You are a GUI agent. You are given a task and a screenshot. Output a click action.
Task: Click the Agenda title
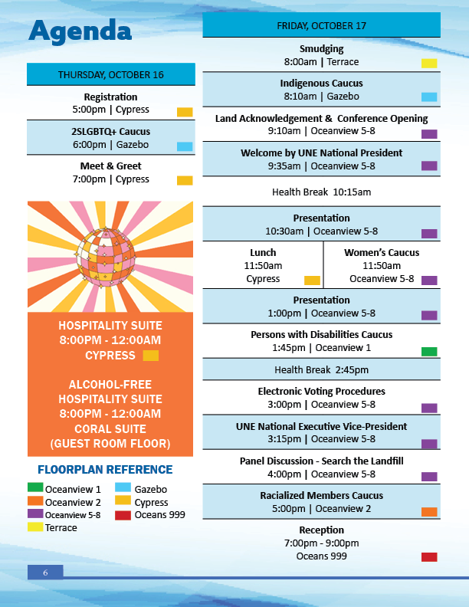coord(80,31)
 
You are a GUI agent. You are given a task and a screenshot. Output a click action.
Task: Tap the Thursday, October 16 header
coord(111,74)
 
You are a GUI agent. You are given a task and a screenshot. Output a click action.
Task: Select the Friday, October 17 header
coord(321,25)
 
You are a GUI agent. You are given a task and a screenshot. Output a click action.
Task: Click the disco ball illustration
coord(103,255)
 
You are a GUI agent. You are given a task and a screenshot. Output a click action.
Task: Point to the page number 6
coord(45,573)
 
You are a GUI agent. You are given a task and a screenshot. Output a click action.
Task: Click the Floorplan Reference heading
coord(105,470)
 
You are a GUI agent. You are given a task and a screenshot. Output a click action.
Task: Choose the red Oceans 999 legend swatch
coord(123,514)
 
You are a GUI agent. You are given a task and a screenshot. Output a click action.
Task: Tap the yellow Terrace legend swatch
coord(35,527)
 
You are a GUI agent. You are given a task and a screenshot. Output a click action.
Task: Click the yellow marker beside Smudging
coord(429,63)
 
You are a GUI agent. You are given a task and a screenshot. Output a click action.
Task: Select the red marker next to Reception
coord(429,557)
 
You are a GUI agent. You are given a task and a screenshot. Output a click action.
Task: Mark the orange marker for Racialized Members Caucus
coord(429,512)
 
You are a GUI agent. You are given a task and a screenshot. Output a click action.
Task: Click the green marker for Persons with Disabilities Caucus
coord(429,352)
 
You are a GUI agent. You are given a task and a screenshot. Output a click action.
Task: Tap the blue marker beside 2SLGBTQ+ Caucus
coord(185,146)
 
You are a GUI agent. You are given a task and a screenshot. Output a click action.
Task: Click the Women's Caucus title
coord(382,252)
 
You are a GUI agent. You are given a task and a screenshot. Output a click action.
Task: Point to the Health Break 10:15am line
coord(321,192)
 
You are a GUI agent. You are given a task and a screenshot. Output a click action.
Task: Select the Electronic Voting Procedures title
coord(321,391)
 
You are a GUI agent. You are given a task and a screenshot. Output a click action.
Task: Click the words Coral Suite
coord(110,429)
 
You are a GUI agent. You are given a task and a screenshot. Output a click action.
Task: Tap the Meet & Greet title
coord(111,166)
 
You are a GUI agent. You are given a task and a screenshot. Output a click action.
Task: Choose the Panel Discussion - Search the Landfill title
coord(321,461)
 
